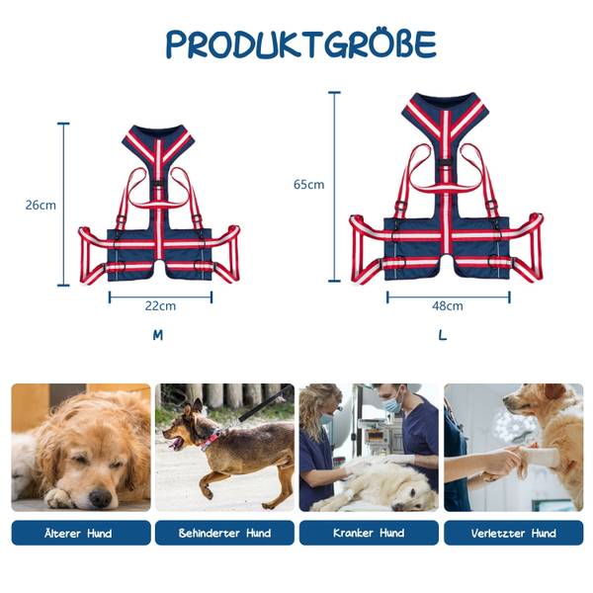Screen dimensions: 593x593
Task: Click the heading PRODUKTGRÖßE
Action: (x=301, y=43)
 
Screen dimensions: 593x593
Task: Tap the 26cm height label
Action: (x=41, y=205)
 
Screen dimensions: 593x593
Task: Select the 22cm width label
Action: (x=160, y=305)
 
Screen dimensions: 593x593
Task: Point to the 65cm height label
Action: (x=309, y=184)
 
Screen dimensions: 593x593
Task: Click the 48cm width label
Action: (x=448, y=305)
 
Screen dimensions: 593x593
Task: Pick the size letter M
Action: (x=158, y=335)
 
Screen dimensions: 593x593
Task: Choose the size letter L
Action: (x=443, y=335)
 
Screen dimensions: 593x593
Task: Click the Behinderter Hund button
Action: (x=224, y=533)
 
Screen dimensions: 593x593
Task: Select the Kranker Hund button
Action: (x=369, y=533)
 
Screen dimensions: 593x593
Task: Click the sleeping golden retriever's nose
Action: (x=100, y=498)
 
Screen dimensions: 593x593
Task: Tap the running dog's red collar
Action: (x=212, y=439)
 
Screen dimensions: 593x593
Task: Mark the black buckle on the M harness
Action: (x=158, y=185)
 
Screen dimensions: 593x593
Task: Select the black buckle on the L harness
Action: (x=446, y=163)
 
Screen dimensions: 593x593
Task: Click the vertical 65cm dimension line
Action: (x=334, y=187)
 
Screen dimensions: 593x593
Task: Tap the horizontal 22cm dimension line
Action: (x=160, y=297)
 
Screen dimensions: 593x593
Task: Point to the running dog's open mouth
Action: (x=175, y=442)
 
